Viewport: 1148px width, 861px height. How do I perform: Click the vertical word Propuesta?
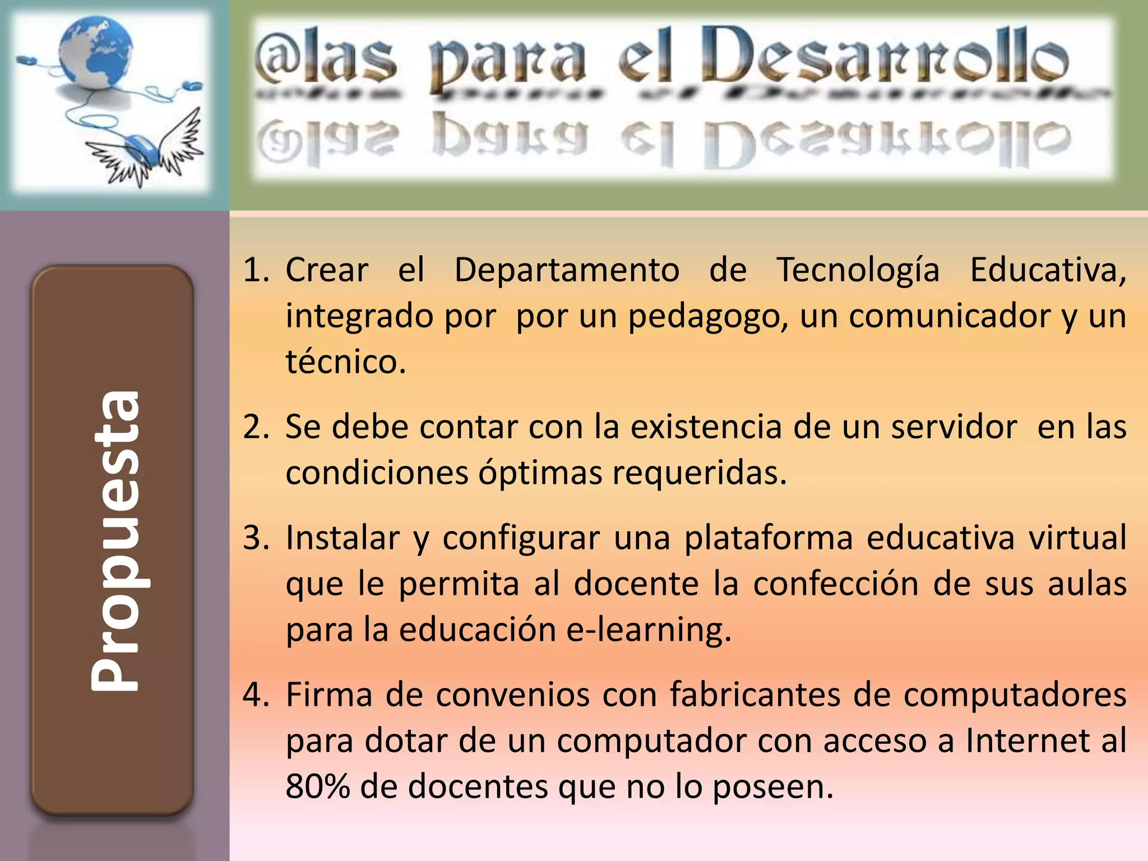click(115, 540)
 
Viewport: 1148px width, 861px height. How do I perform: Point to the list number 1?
click(255, 270)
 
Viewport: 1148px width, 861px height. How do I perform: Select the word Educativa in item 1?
click(1047, 270)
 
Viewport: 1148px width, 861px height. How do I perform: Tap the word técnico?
click(345, 362)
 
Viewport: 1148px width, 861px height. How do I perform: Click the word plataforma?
click(769, 538)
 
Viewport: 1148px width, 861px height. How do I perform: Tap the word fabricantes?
click(755, 695)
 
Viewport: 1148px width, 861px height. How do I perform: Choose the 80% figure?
click(317, 787)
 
